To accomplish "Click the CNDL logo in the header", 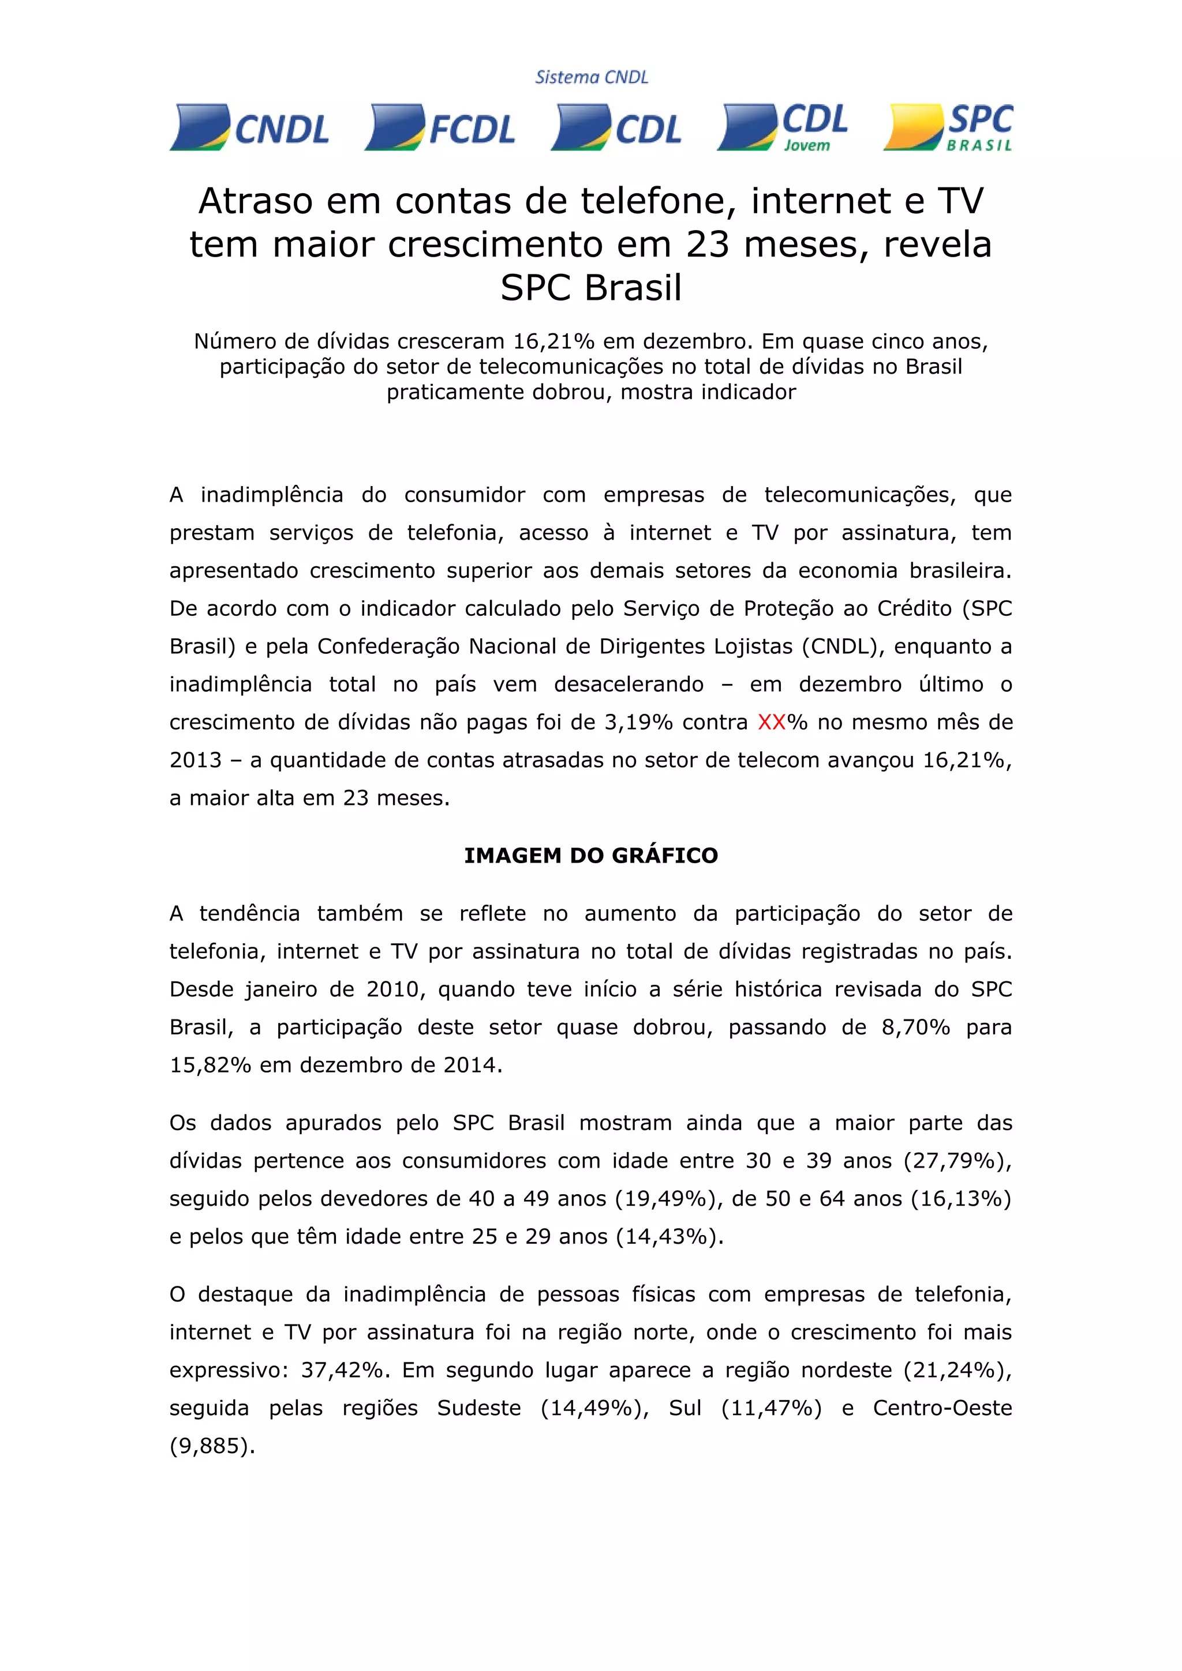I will (250, 128).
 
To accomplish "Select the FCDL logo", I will (440, 128).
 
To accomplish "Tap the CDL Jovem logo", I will (783, 128).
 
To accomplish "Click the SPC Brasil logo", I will (948, 128).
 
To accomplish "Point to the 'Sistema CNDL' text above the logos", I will (592, 77).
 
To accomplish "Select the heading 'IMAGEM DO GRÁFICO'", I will (590, 855).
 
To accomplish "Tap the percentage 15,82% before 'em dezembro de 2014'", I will (210, 1065).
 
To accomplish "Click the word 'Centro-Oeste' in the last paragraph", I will (942, 1407).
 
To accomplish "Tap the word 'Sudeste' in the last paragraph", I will (478, 1407).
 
